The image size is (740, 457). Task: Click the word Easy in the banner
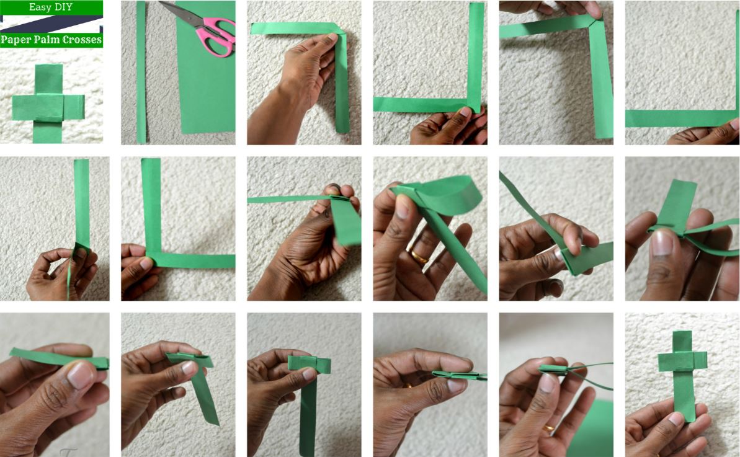click(40, 7)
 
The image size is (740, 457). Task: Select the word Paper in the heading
click(16, 40)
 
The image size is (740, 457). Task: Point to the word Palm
click(45, 40)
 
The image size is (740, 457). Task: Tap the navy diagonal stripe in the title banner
click(51, 24)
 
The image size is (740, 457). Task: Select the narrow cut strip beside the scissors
click(141, 72)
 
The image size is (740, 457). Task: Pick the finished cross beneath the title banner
click(48, 104)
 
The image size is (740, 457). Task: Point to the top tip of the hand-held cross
click(682, 332)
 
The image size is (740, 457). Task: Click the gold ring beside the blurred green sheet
click(548, 428)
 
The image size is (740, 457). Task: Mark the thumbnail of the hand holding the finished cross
click(676, 418)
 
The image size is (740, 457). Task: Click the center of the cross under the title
click(48, 107)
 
